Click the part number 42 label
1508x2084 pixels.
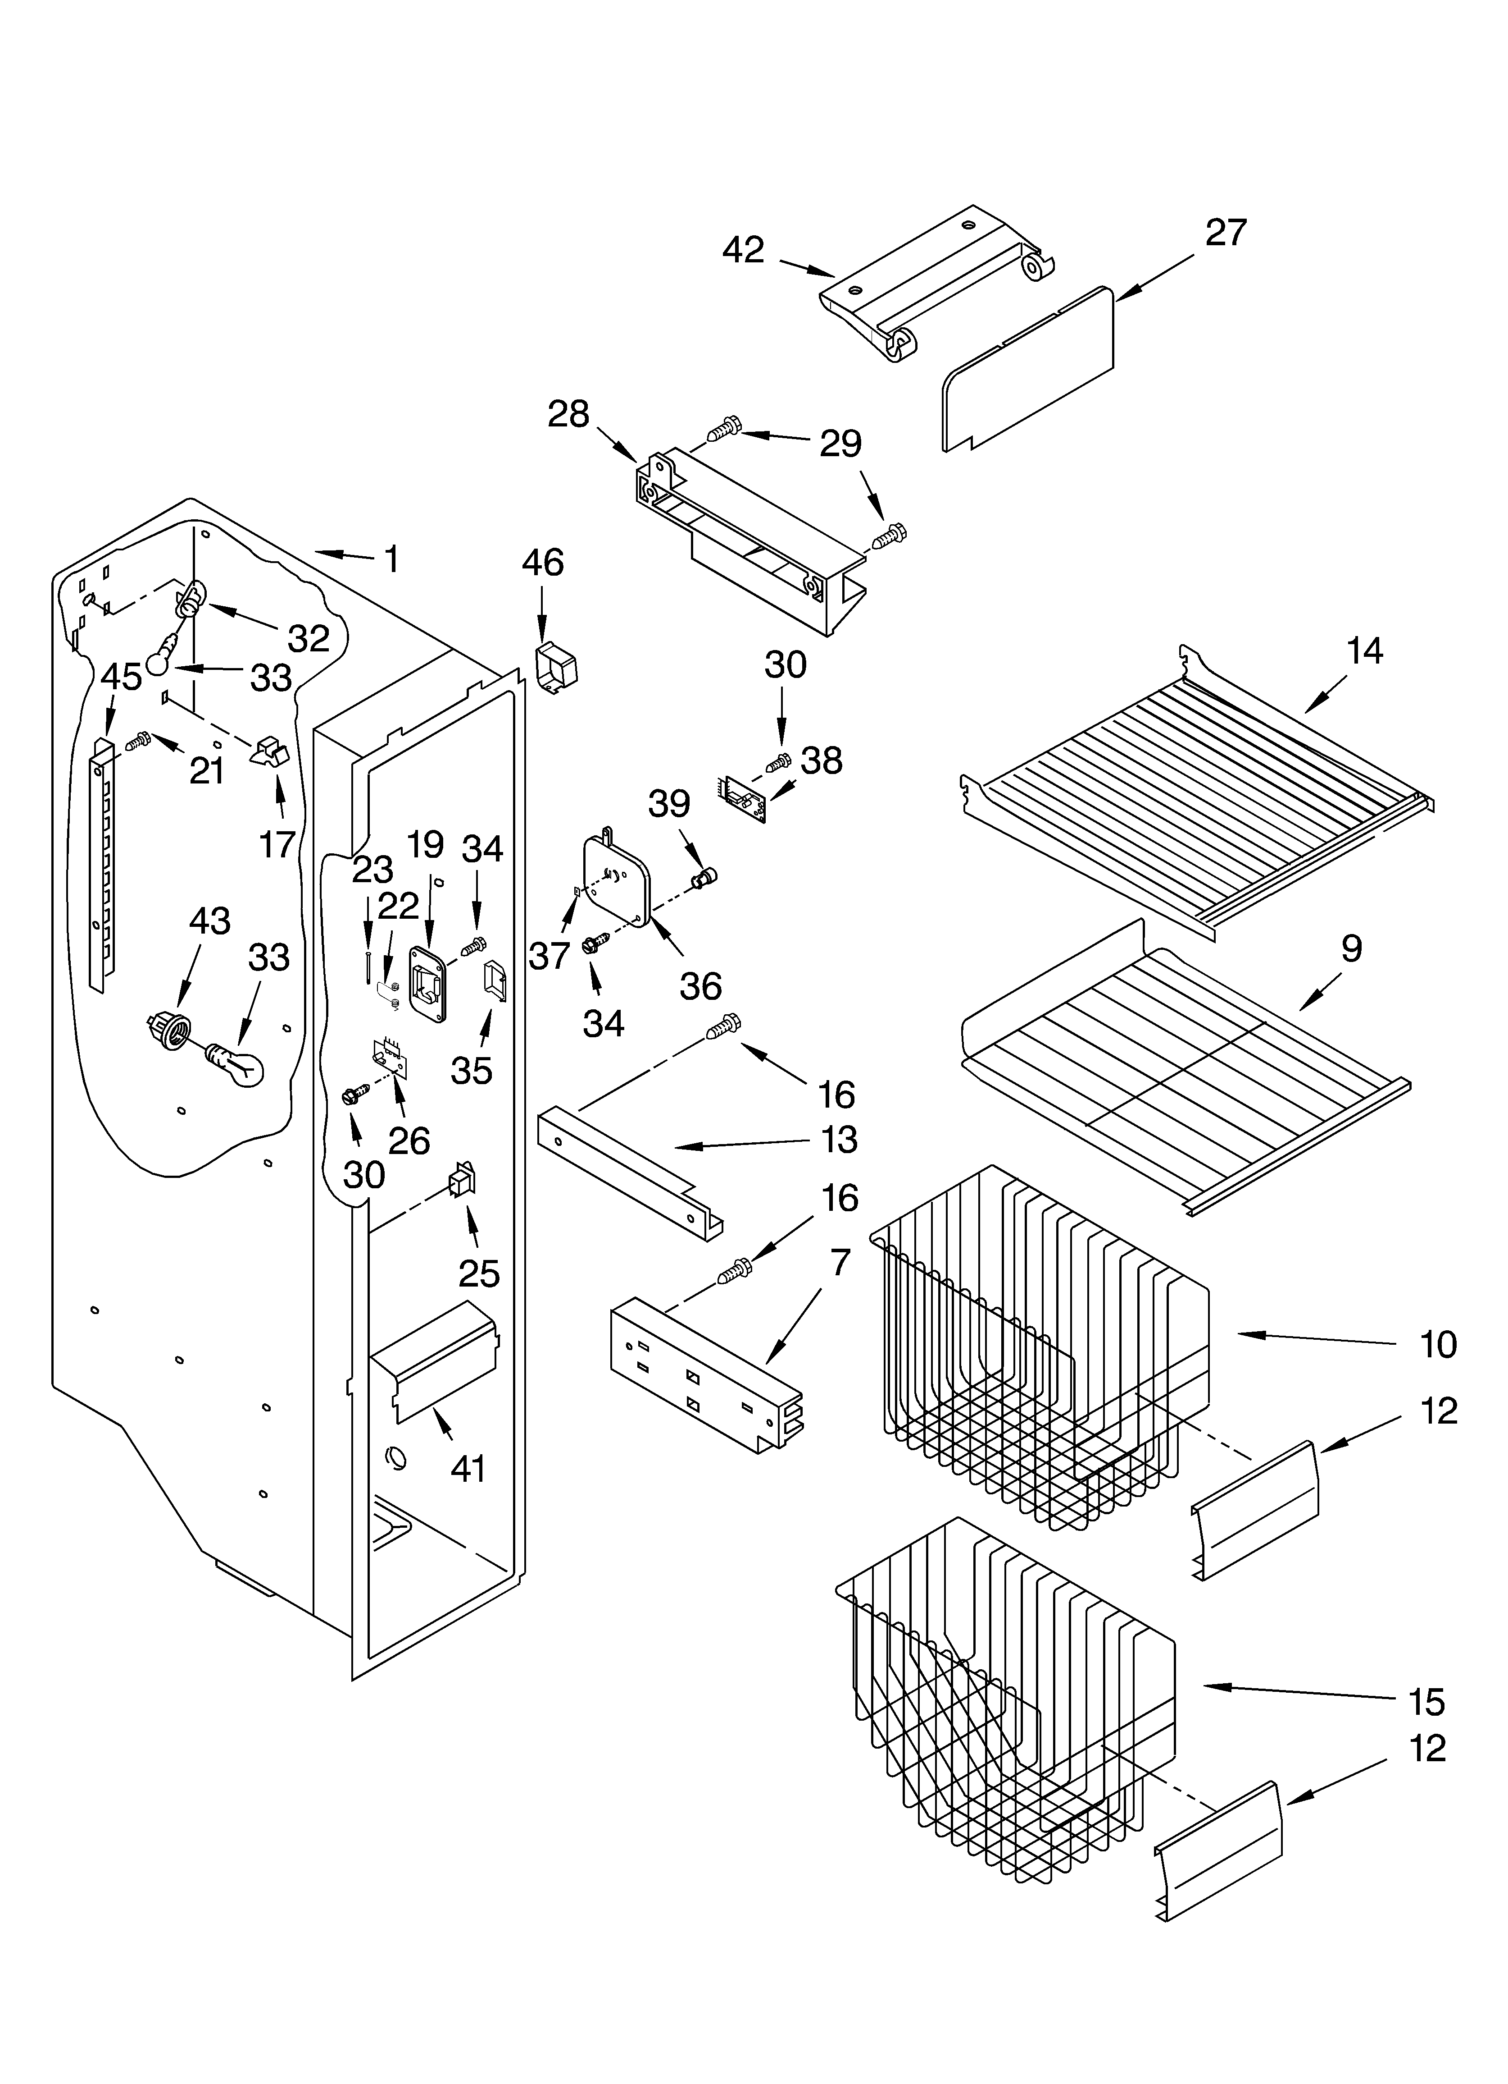pyautogui.click(x=743, y=250)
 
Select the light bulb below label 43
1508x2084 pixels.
pyautogui.click(x=235, y=1066)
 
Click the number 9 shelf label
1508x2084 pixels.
pyautogui.click(x=1351, y=948)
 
